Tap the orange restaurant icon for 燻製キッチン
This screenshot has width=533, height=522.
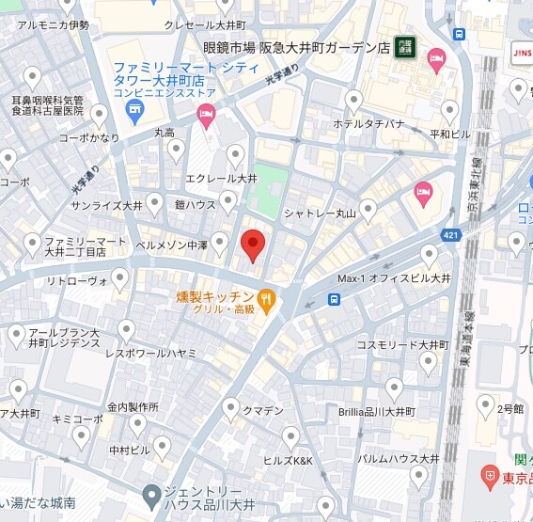click(x=267, y=300)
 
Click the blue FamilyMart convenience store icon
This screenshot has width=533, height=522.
click(x=133, y=111)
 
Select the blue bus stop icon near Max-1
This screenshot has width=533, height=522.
click(x=334, y=300)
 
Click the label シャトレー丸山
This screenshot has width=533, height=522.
click(x=321, y=214)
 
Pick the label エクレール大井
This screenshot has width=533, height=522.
click(x=221, y=178)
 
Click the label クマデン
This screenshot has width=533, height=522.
click(x=263, y=411)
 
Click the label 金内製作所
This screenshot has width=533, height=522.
click(x=130, y=407)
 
